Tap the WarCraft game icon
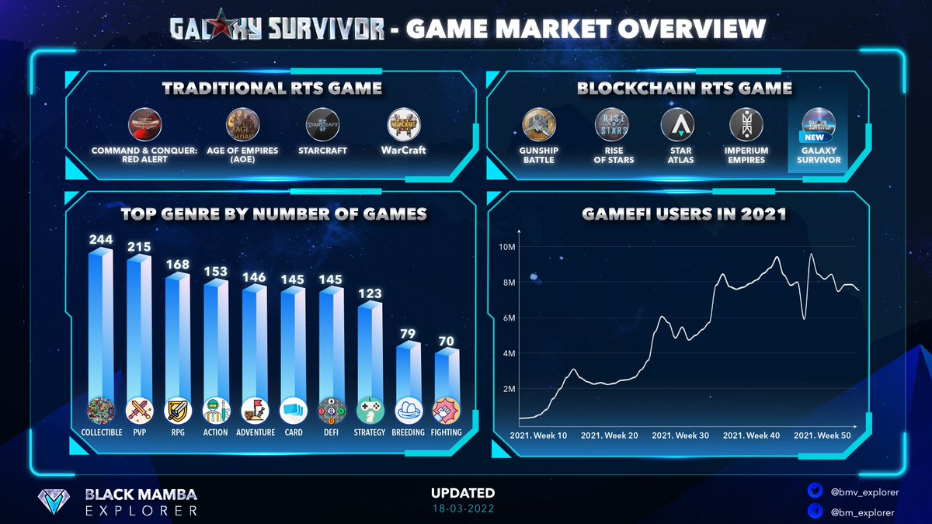[404, 124]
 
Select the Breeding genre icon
[409, 410]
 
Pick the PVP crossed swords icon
[139, 410]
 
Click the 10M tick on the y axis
[506, 247]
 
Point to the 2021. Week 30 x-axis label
[680, 436]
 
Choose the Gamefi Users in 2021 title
[683, 213]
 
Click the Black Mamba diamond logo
[57, 502]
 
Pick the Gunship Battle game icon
[539, 124]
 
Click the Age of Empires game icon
[243, 124]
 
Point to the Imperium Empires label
[746, 155]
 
